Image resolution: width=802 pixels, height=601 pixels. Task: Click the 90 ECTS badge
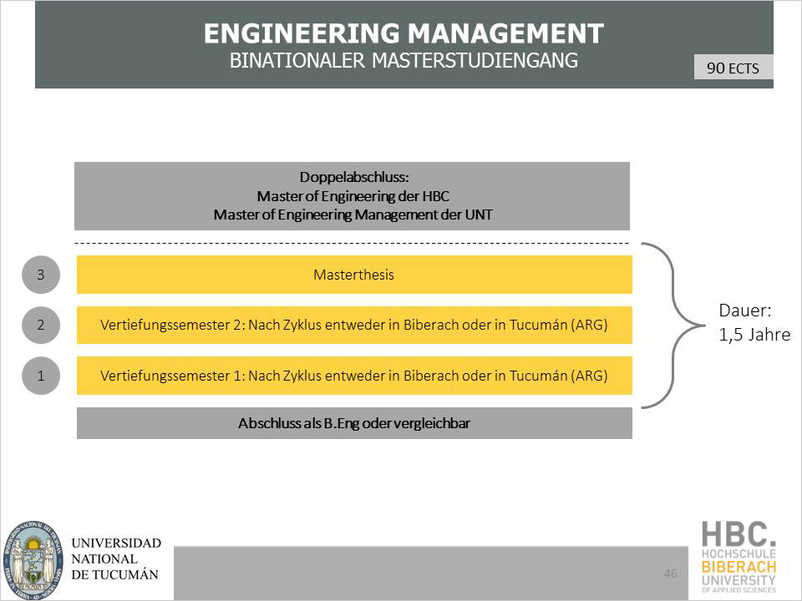733,68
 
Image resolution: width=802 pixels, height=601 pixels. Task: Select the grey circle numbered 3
41,275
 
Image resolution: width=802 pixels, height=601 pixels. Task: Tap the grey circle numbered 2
41,326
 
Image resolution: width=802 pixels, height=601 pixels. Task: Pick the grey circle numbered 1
41,376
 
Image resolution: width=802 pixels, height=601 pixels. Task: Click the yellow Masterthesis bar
353,275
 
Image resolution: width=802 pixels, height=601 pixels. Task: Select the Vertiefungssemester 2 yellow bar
353,326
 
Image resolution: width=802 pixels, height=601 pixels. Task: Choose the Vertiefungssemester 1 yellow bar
353,376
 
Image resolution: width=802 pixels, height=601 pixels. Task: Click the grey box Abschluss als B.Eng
353,423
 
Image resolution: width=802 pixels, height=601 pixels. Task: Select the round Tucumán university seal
33,558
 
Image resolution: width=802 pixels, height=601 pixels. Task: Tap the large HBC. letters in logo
739,533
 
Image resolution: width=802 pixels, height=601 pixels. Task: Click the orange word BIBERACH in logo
739,567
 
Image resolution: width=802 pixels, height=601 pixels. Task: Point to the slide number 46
670,573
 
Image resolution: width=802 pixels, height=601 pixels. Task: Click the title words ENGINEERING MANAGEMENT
404,33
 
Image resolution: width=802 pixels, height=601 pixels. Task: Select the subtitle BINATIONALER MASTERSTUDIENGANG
404,61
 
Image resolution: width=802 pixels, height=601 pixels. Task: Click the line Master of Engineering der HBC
353,196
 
